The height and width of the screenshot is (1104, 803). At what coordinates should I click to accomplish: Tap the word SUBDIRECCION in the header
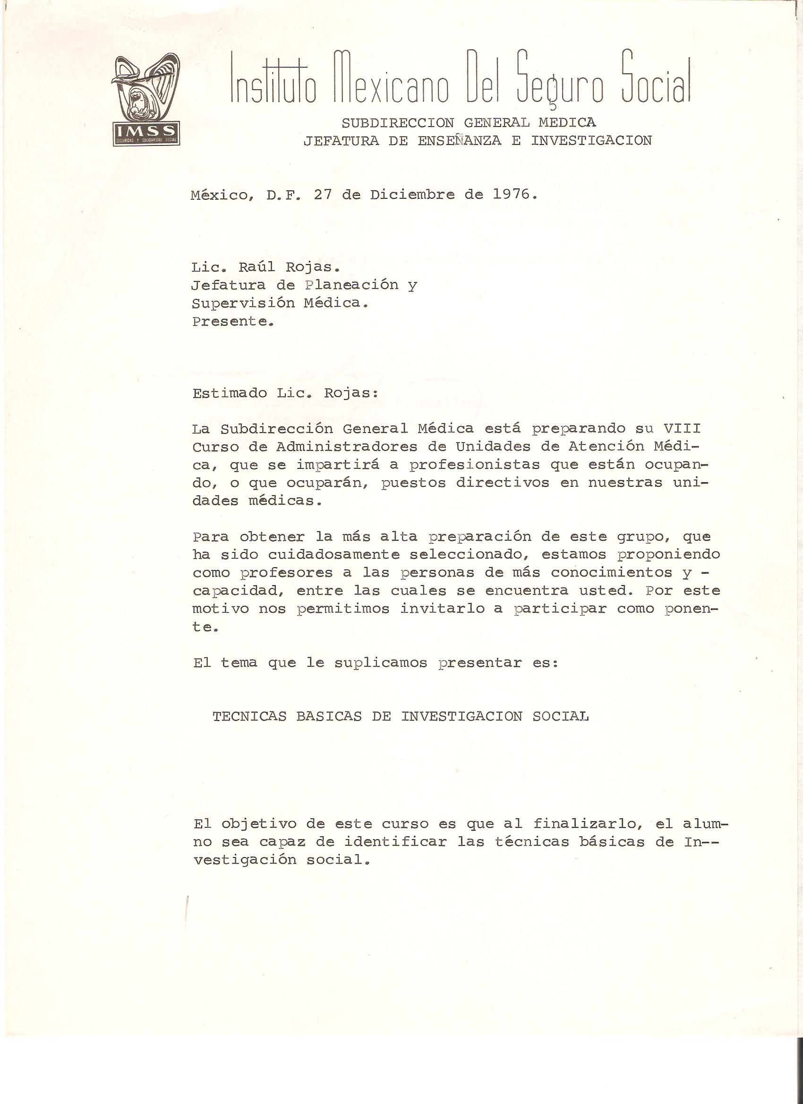click(397, 123)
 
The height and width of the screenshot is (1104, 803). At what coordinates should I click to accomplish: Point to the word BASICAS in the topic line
click(329, 716)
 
